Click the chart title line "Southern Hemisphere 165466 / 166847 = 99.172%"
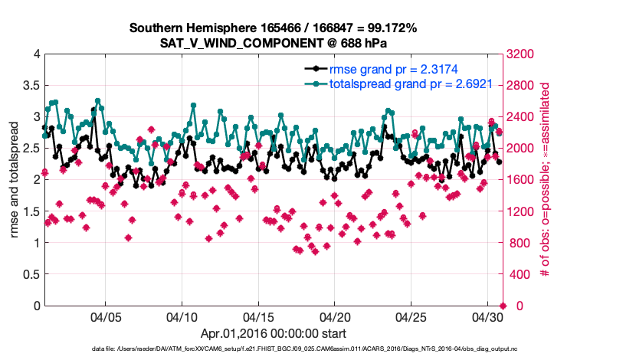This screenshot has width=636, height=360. click(x=273, y=28)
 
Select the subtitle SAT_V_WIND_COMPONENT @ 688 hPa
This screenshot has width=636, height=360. click(x=273, y=43)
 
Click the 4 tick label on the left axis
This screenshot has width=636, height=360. click(x=35, y=54)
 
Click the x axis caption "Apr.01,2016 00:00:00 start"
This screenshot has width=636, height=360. click(x=273, y=333)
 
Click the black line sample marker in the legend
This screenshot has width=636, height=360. click(x=316, y=70)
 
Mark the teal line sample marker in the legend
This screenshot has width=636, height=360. click(x=316, y=84)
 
